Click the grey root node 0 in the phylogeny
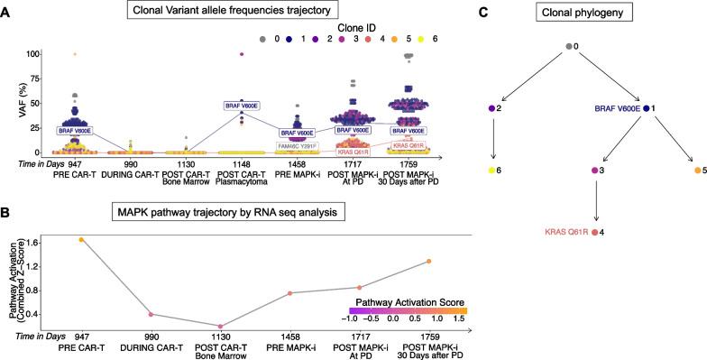click(x=569, y=46)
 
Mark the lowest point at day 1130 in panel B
click(x=220, y=326)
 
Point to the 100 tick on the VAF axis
click(x=38, y=54)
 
